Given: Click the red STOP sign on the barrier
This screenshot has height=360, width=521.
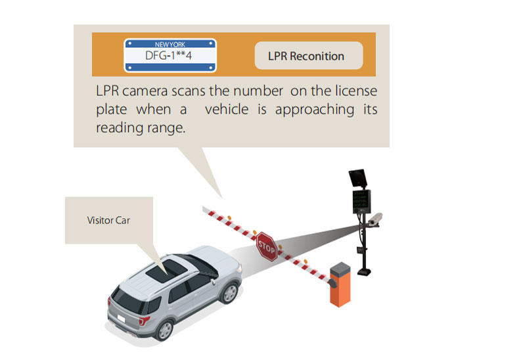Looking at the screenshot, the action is coord(266,246).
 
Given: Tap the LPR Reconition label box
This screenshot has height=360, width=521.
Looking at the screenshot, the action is coord(309,55).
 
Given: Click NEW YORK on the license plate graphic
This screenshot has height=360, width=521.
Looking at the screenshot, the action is coord(170,44).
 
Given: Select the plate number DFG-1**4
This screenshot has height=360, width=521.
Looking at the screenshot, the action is coord(168,55).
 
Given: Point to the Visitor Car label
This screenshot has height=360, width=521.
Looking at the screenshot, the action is coord(108,220).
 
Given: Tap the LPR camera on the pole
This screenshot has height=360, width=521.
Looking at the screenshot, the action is coord(375,219).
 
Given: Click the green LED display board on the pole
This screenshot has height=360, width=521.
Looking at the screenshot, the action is coord(361,202).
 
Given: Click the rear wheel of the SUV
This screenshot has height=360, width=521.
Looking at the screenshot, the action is coord(164,329).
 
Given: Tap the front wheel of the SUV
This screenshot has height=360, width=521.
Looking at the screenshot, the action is coord(229,292).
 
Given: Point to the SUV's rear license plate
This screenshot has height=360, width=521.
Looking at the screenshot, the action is coord(121,319).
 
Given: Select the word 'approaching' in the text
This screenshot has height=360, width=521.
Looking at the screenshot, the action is coord(315,110).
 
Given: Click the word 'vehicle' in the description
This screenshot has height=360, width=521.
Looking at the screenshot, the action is coord(227,109).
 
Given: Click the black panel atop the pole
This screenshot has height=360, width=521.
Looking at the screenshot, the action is coord(357,178).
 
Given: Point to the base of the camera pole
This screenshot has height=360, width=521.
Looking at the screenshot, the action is coord(364,272).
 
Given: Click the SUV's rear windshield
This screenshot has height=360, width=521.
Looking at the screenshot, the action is coord(127,301).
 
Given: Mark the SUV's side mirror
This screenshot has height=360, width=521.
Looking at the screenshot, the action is coord(212,282).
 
